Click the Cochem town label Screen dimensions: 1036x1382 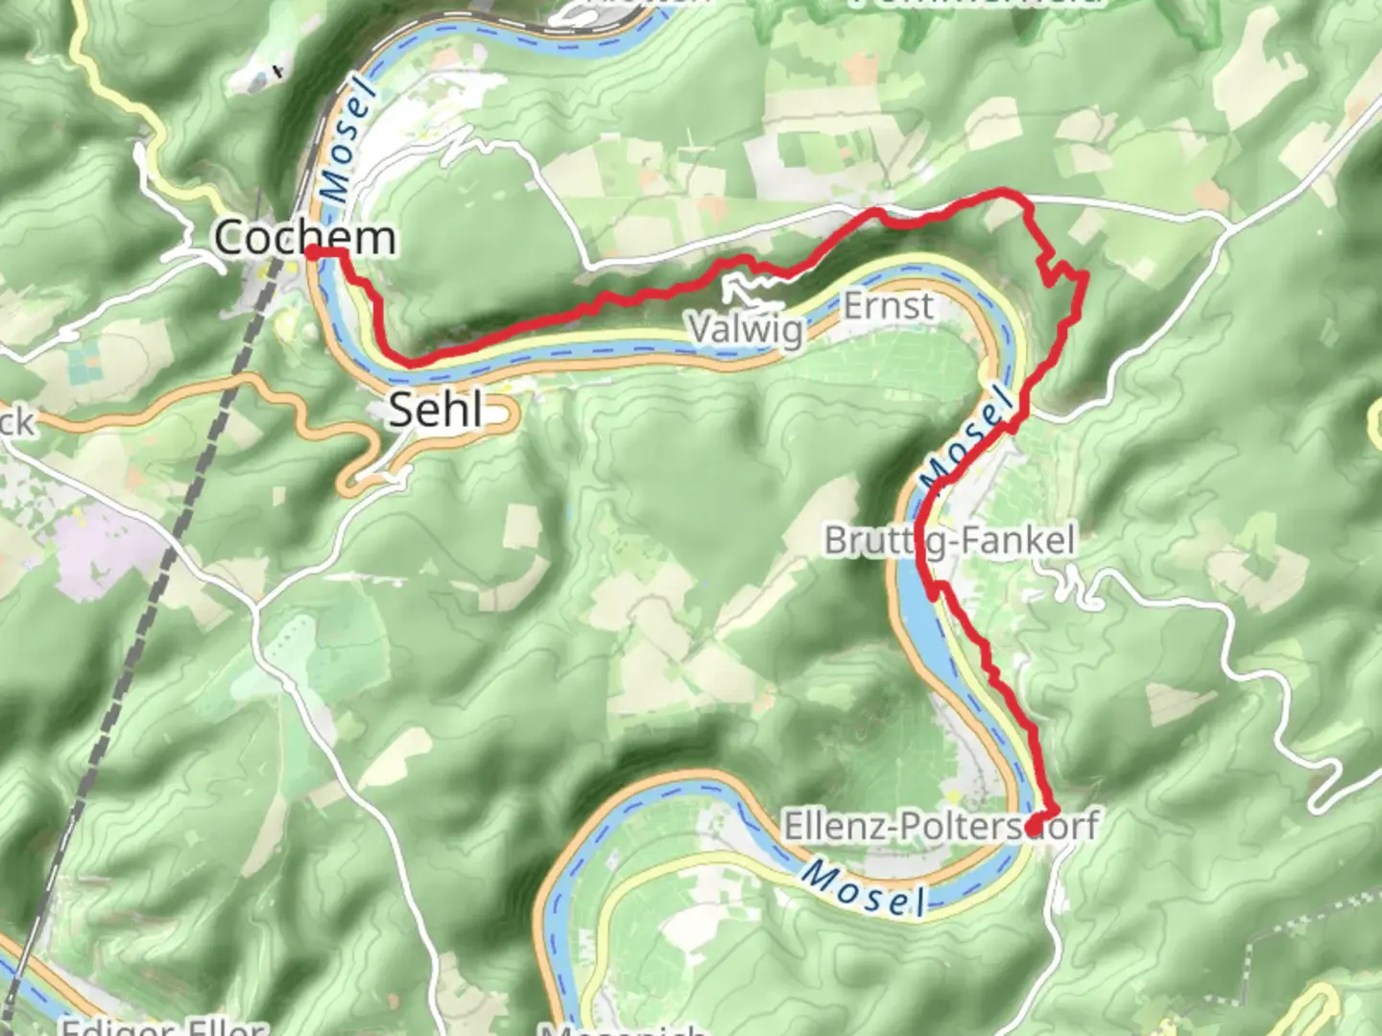[x=304, y=237]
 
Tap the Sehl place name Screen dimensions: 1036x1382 [x=436, y=411]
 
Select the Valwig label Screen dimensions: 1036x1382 [x=747, y=329]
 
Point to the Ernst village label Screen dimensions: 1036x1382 [x=888, y=306]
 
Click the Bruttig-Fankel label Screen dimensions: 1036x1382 [x=949, y=540]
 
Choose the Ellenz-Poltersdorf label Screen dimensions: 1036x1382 [x=941, y=826]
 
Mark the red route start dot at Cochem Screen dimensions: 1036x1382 [x=313, y=252]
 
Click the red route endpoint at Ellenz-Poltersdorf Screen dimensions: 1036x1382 [x=1035, y=826]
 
